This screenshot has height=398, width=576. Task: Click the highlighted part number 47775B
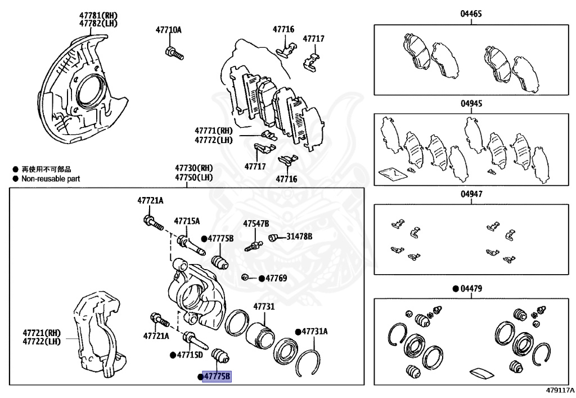point(217,377)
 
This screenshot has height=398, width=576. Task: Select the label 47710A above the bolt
point(169,30)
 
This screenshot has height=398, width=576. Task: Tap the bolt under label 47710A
point(173,53)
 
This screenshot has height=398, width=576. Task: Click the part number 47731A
point(314,332)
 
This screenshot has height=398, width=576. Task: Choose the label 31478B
point(299,236)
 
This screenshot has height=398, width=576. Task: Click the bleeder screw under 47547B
point(254,245)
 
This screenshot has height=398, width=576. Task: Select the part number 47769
point(276,278)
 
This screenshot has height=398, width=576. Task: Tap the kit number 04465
point(471,14)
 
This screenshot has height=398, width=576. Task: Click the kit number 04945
point(471,104)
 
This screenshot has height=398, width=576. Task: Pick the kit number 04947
point(471,194)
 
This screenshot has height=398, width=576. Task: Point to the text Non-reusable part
point(51,178)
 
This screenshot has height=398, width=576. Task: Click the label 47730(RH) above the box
point(193,168)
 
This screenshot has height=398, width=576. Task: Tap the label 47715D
point(190,355)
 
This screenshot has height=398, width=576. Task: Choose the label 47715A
point(187,221)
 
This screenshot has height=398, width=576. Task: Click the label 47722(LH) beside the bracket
point(42,341)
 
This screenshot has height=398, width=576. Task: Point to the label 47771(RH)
point(214,131)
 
